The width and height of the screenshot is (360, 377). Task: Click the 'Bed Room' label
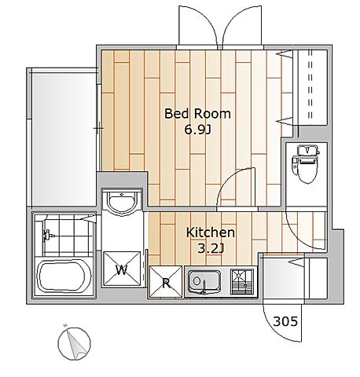(x=197, y=114)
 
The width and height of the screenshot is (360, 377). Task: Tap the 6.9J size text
(x=197, y=130)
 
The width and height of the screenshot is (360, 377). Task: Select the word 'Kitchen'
(x=211, y=232)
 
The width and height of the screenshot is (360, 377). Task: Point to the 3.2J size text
(x=211, y=248)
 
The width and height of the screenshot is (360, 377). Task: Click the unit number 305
(x=285, y=321)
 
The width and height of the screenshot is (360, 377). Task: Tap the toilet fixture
(x=306, y=164)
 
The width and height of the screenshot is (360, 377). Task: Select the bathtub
(x=64, y=276)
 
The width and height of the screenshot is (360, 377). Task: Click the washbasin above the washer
(x=122, y=203)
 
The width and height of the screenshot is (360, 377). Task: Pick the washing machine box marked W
(x=122, y=269)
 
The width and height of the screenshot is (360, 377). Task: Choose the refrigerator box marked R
(x=165, y=282)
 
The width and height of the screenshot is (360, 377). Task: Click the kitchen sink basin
(x=204, y=282)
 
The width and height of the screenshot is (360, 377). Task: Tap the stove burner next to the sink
(x=242, y=282)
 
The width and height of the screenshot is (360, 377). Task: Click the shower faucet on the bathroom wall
(x=48, y=235)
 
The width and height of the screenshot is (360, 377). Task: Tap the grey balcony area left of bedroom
(x=64, y=139)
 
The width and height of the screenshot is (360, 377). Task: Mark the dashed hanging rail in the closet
(x=310, y=85)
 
